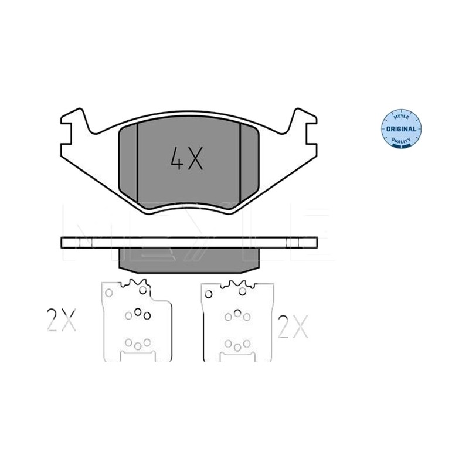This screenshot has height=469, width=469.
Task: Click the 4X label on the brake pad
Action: tap(186, 158)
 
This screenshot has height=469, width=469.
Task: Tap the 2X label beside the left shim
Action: tap(62, 320)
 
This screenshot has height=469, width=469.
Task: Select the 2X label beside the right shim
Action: tap(293, 327)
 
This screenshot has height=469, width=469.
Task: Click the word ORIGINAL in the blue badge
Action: tap(401, 129)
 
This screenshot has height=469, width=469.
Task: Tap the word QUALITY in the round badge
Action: tap(401, 141)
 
